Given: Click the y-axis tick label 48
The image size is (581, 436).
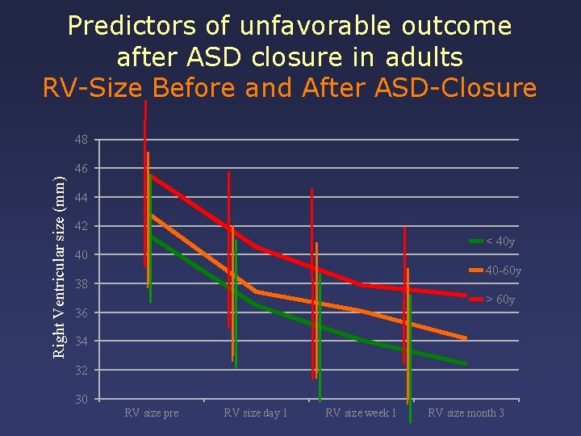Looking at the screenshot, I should [x=81, y=140].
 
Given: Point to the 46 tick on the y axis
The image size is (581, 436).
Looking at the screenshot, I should [x=81, y=169].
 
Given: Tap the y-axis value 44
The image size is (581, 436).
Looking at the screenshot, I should [x=81, y=198].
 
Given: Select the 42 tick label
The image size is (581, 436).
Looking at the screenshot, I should [x=81, y=227].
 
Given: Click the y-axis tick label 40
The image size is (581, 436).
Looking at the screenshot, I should [x=81, y=256].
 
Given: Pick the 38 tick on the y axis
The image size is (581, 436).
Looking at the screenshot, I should [x=81, y=284].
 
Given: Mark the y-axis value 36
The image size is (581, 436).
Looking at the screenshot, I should [x=81, y=313].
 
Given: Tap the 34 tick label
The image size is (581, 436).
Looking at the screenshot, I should [x=81, y=342].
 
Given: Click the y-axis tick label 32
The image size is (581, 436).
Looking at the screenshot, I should [x=81, y=371].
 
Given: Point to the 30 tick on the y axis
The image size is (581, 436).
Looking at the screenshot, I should [x=81, y=400].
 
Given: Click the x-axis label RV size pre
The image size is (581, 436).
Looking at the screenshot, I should [x=152, y=413].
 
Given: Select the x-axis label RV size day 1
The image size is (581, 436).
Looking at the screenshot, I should [x=256, y=413].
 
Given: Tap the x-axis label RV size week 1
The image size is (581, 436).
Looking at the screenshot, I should [x=361, y=413].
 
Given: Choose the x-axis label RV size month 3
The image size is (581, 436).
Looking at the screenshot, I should [x=466, y=413].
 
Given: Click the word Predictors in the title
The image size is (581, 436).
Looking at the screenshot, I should [x=132, y=26].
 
